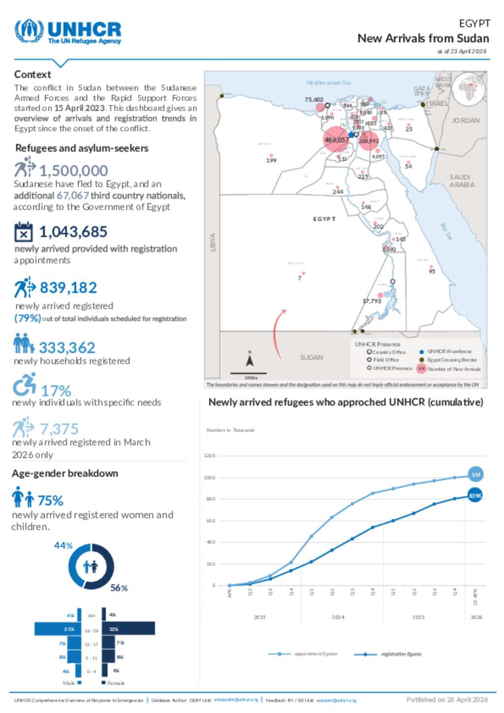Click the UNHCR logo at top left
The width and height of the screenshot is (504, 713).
tap(68, 32)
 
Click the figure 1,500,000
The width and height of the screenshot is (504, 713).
tap(73, 171)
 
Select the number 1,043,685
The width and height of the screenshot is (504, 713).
tap(73, 232)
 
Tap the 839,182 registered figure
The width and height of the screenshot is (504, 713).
tap(68, 288)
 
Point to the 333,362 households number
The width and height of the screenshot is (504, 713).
tap(67, 348)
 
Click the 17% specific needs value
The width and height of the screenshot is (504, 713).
tap(56, 391)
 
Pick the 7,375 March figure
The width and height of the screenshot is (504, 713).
tap(59, 429)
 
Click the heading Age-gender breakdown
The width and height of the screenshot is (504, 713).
tap(65, 473)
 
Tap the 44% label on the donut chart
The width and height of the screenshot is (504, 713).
tap(63, 546)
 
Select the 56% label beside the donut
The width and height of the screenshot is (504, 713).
tap(119, 588)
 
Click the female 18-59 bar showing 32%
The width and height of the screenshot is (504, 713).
tap(128, 628)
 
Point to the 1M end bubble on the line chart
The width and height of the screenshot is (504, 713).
tap(475, 475)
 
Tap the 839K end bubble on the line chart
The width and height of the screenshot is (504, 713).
tap(475, 496)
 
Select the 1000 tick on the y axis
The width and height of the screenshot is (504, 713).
tap(210, 478)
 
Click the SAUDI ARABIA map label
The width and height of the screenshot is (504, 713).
tap(462, 181)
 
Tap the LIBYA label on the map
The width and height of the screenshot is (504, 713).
tap(213, 242)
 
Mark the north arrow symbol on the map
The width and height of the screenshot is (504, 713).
tap(250, 361)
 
